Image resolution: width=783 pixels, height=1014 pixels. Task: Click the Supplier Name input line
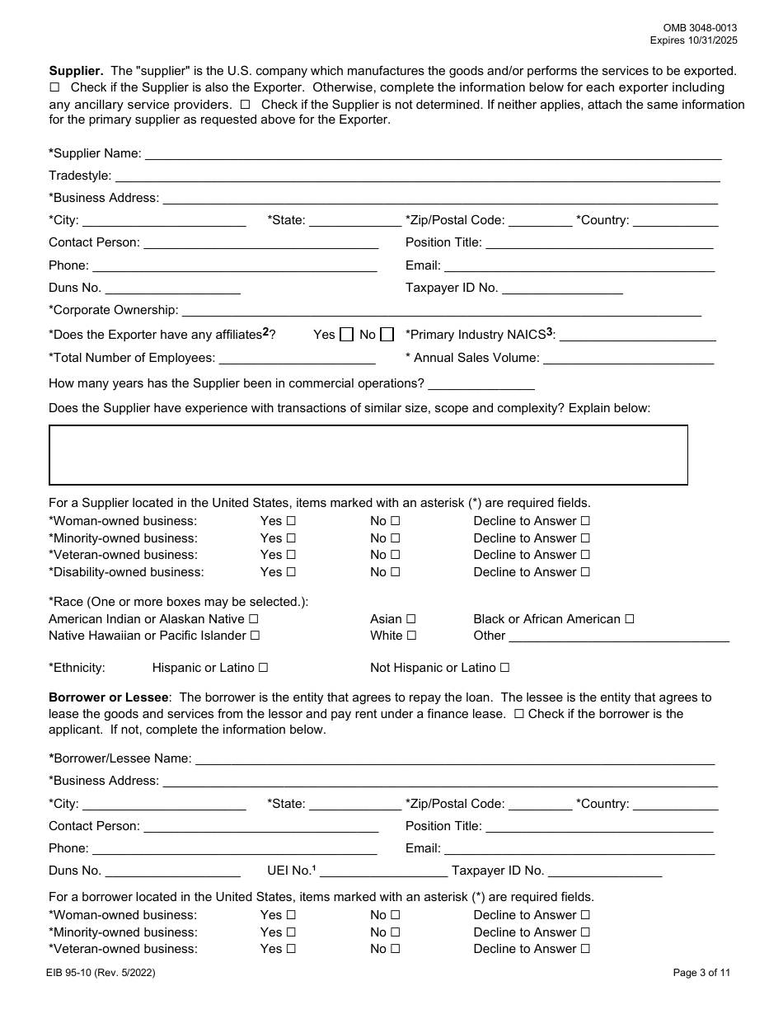433,153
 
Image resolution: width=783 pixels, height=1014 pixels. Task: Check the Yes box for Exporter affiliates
346,335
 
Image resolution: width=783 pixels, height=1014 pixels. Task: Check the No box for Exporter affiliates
387,335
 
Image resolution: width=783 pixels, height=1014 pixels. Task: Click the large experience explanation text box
368,455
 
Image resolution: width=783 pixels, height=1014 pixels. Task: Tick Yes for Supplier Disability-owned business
290,572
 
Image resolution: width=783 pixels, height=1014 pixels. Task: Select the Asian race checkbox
410,619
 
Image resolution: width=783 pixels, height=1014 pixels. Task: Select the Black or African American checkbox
629,619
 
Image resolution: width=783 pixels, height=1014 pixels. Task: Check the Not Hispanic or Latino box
504,668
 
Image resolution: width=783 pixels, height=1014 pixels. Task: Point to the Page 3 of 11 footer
701,973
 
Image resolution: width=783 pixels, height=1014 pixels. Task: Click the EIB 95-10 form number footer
101,973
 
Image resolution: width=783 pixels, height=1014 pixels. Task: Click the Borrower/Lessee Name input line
454,758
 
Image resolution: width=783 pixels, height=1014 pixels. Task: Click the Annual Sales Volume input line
628,358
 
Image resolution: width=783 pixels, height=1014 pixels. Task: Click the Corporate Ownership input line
441,311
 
